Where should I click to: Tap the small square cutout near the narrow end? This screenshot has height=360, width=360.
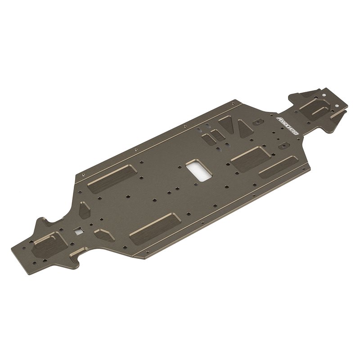(79, 230)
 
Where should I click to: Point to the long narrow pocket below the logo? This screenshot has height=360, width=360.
(278, 168)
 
